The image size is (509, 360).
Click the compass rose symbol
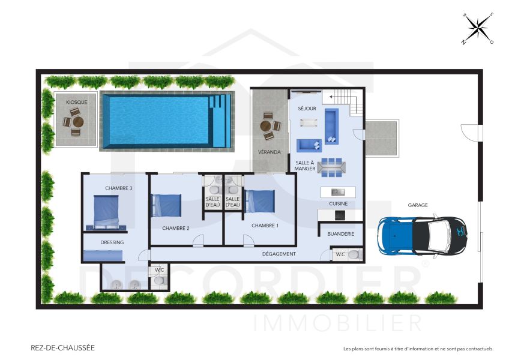pos(477,28)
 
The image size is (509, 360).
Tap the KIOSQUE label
pos(76,102)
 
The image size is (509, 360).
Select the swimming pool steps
pos(220,120)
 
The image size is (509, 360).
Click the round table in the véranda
pos(267,127)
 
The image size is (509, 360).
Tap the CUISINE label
pos(338,203)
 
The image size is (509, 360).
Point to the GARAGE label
pos(418,205)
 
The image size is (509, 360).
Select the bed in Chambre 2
pos(166,205)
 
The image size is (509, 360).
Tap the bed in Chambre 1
pos(260,201)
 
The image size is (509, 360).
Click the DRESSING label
pos(112,242)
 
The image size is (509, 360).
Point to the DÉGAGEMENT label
pos(279,254)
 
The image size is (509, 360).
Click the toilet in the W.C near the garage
pos(354,255)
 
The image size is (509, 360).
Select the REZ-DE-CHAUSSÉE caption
pos(62,347)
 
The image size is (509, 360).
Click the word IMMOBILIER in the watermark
pos(338,323)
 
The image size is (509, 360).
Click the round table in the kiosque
pos(77,122)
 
